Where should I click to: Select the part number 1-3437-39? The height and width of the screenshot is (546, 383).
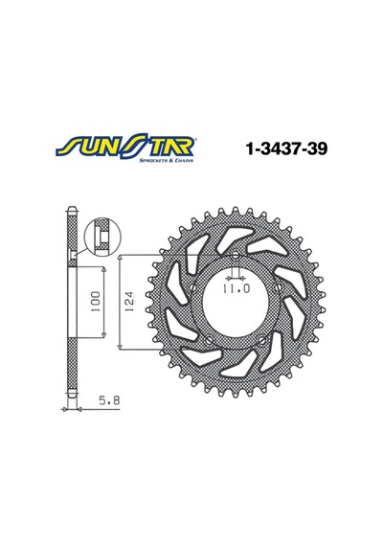[x=286, y=148]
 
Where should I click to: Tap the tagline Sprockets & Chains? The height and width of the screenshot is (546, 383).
[x=166, y=161]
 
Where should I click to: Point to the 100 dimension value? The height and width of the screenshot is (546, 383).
[x=95, y=302]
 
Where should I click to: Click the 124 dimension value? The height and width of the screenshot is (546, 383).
[x=129, y=302]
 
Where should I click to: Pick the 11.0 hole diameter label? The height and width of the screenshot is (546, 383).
[x=236, y=288]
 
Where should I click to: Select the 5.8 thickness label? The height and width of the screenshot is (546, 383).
[x=109, y=400]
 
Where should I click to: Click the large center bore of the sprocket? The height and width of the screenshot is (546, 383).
[x=236, y=302]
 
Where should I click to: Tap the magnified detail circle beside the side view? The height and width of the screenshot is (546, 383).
[x=102, y=237]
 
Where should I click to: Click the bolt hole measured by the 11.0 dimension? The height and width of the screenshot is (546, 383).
[x=236, y=255]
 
